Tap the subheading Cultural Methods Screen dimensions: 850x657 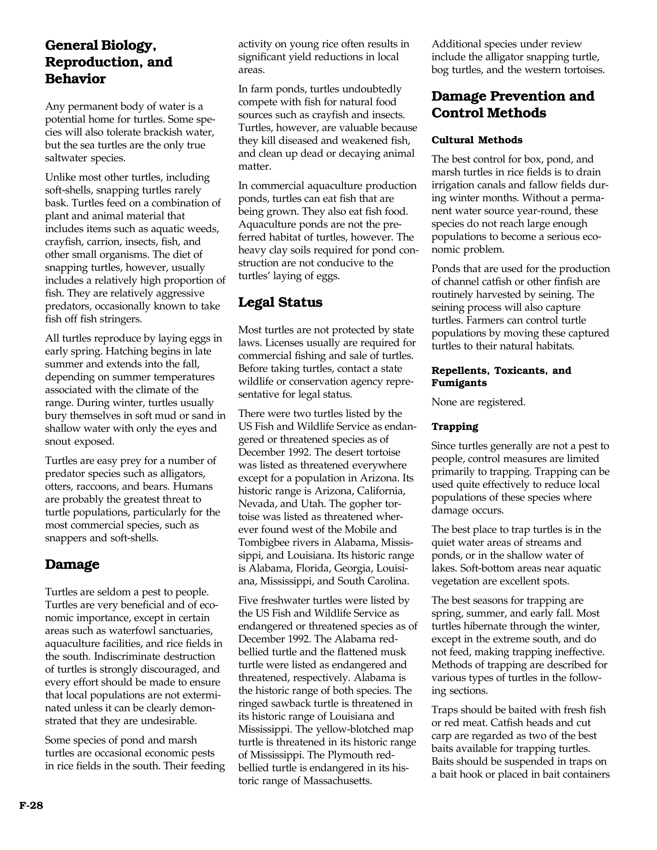click(477, 140)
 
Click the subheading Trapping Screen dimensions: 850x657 click(455, 427)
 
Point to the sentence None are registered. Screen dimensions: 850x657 click(478, 402)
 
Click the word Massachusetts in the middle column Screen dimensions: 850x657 click(337, 781)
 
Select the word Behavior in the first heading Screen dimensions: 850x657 click(75, 79)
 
